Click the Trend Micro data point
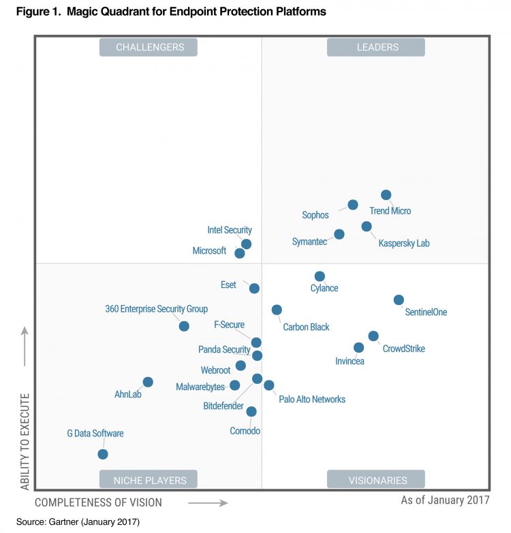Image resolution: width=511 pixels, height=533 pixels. [x=386, y=195]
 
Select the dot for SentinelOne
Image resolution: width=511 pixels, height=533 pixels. [x=399, y=300]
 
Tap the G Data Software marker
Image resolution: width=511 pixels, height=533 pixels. [x=103, y=454]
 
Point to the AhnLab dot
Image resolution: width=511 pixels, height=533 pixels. [x=148, y=382]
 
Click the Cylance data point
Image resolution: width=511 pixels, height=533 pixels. [x=320, y=276]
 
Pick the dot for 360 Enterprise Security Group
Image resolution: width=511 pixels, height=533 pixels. [x=184, y=326]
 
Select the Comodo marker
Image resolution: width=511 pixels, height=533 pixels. [x=251, y=411]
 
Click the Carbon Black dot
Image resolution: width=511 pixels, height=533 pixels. [x=277, y=310]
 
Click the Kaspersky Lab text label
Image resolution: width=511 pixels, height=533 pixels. [x=404, y=243]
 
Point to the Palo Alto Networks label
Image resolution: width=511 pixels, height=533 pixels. [x=312, y=400]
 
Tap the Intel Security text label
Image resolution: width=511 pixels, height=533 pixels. [x=230, y=230]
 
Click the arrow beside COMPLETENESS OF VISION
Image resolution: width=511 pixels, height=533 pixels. [x=207, y=503]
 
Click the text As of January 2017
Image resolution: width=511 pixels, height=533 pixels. [x=445, y=501]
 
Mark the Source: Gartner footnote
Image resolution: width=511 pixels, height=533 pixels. [x=78, y=522]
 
